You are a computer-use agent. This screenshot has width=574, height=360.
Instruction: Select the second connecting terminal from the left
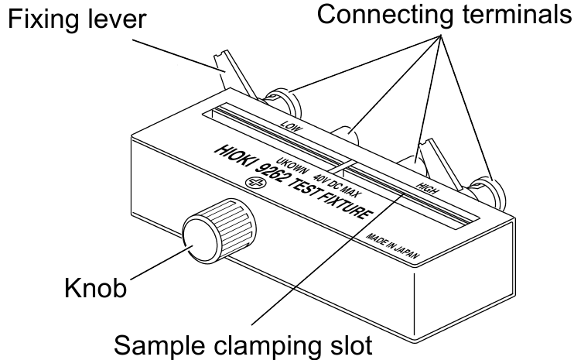[353, 139]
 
